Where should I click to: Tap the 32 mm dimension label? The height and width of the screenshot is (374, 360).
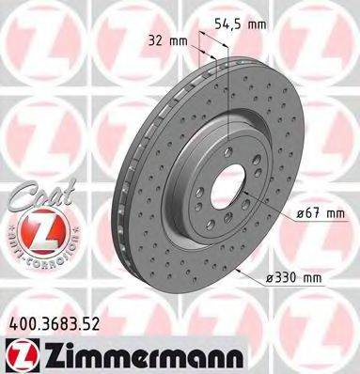click(x=162, y=40)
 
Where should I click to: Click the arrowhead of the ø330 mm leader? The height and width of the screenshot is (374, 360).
click(x=242, y=273)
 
